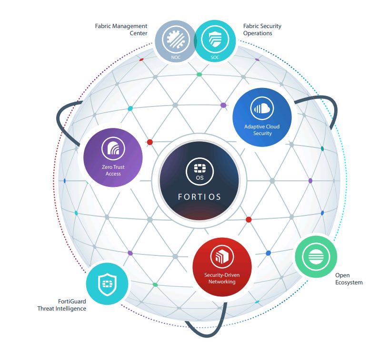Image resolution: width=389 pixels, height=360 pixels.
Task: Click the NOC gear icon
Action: pyautogui.click(x=176, y=39)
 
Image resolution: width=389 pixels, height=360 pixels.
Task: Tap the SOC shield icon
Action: pyautogui.click(x=215, y=39)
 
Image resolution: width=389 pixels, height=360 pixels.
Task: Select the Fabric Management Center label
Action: pyautogui.click(x=121, y=29)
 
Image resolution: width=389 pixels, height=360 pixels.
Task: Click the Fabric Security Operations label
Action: pyautogui.click(x=262, y=29)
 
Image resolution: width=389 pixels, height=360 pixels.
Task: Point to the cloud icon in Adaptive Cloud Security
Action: pyautogui.click(x=262, y=108)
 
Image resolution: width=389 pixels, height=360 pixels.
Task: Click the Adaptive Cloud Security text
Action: pyautogui.click(x=262, y=130)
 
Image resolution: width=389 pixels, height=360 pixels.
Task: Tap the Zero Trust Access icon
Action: pyautogui.click(x=113, y=148)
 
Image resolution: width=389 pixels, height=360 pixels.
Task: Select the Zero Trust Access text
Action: pyautogui.click(x=113, y=170)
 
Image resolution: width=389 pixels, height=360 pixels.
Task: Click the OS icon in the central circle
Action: pyautogui.click(x=199, y=172)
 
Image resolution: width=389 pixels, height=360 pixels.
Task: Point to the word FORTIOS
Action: pyautogui.click(x=199, y=197)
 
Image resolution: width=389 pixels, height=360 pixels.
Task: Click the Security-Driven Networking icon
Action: pyautogui.click(x=222, y=256)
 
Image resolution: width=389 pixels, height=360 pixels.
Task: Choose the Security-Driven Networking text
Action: pyautogui.click(x=222, y=278)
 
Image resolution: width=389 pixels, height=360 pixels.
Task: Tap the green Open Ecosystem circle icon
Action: pyautogui.click(x=316, y=257)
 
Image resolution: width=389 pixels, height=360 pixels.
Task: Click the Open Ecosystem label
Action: pyautogui.click(x=349, y=279)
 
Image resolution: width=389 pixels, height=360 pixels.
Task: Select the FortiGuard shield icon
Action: pyautogui.click(x=107, y=284)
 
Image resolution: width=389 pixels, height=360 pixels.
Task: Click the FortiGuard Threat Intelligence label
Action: pyautogui.click(x=62, y=305)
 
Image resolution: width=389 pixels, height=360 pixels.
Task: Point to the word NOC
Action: pyautogui.click(x=176, y=57)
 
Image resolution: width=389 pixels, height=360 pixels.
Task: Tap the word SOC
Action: pyautogui.click(x=215, y=57)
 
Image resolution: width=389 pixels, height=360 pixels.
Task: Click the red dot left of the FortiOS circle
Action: pyautogui.click(x=150, y=142)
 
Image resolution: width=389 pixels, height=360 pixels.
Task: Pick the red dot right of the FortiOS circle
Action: pyautogui.click(x=249, y=220)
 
